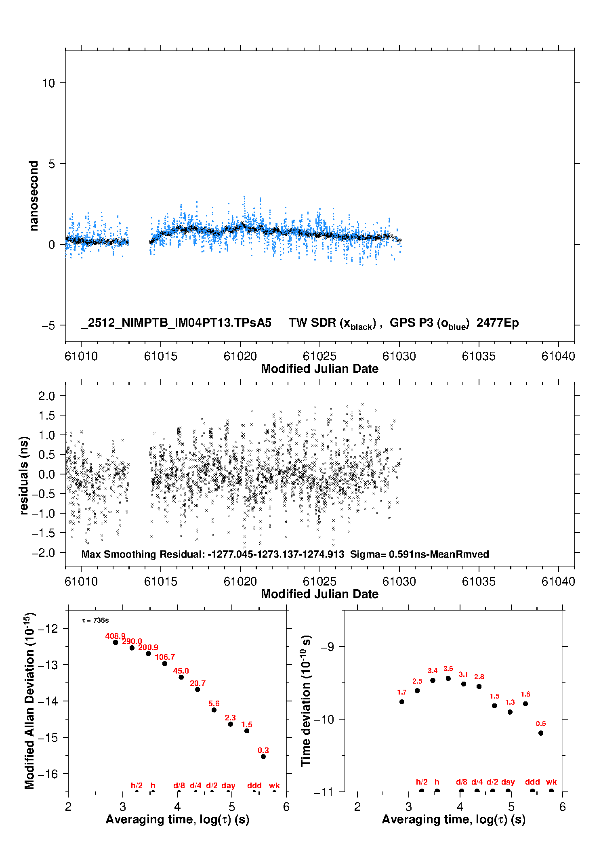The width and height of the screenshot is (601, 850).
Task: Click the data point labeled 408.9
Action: pos(116,642)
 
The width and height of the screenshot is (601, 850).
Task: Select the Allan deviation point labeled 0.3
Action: pos(263,756)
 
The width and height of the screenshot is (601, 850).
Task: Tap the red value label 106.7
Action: pos(165,657)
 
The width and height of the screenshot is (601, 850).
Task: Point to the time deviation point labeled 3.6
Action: pos(448,678)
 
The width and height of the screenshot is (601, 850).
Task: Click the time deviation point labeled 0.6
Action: pos(541,733)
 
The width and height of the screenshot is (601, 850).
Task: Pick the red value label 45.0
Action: pos(181,671)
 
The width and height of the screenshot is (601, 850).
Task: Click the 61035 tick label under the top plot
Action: pos(479,356)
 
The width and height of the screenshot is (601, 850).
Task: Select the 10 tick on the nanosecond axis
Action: pos(48,83)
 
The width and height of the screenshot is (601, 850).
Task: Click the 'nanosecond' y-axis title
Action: pos(34,196)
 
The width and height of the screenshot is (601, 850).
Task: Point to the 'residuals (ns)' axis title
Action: pos(24,475)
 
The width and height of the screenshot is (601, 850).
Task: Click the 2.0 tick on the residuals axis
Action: pos(46,396)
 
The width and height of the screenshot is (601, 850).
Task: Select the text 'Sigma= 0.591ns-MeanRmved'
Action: pos(419,554)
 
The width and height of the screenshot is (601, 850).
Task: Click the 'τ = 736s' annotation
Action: pos(95,620)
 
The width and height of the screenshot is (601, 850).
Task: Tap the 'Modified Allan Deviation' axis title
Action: pos(29,701)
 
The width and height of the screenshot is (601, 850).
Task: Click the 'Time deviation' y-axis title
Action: pos(306,701)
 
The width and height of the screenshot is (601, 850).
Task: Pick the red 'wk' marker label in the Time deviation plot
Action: pos(551,782)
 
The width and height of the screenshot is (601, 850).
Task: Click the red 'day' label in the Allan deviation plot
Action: pos(228,785)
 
